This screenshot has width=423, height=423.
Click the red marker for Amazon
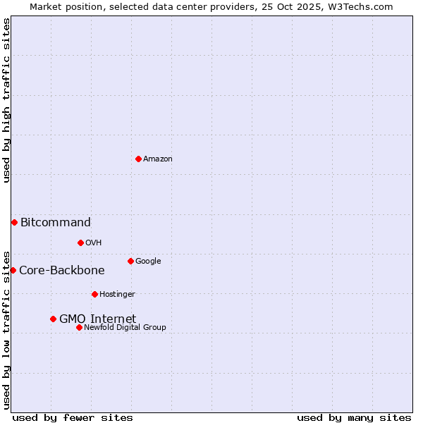tap(138, 159)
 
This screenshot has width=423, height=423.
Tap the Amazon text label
tap(158, 159)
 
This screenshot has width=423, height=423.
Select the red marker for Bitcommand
tap(14, 222)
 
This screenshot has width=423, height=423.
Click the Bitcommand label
tap(56, 223)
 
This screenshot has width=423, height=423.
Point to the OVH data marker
tap(80, 243)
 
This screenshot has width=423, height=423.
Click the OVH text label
tap(94, 243)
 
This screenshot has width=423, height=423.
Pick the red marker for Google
tap(130, 261)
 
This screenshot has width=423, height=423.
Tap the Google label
tap(148, 262)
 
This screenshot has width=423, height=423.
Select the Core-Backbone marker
tap(13, 270)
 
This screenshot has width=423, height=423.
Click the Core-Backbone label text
tap(62, 271)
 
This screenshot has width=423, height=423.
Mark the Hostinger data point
tap(94, 294)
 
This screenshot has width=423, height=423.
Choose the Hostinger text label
tap(117, 295)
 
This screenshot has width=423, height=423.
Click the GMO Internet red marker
tap(53, 319)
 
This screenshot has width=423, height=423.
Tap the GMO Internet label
tap(97, 319)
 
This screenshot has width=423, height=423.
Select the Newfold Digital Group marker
tap(79, 327)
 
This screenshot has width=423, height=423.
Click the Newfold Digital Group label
tap(125, 328)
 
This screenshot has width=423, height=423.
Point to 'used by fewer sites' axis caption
tap(73, 417)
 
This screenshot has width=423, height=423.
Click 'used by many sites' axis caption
tap(354, 417)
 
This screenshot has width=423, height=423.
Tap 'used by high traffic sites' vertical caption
tap(6, 100)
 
